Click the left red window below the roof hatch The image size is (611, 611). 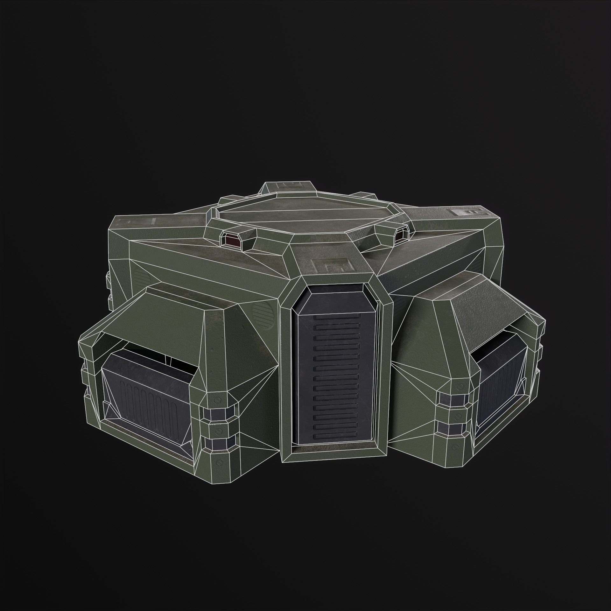tap(230, 239)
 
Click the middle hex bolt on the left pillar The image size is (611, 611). tap(219, 431)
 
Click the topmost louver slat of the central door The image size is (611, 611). tap(336, 318)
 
